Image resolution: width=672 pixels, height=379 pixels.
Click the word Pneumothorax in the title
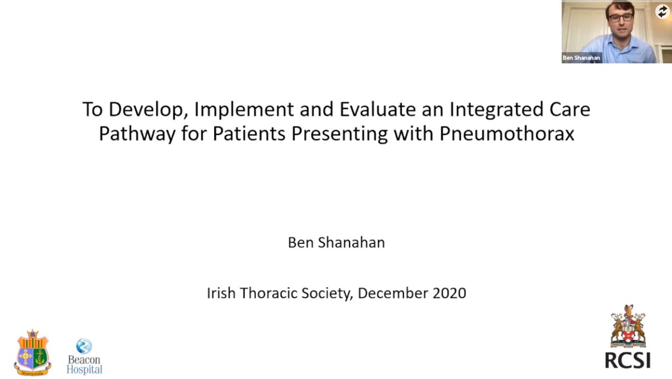click(x=507, y=133)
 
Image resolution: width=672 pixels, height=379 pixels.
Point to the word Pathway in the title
click(x=137, y=133)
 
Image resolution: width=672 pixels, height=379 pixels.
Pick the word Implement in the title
click(x=244, y=109)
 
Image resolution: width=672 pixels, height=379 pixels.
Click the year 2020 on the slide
click(x=450, y=293)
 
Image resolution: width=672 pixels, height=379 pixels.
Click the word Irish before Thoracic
click(x=221, y=293)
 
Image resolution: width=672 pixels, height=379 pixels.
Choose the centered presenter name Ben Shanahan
click(x=337, y=242)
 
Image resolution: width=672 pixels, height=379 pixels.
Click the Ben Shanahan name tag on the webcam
click(x=581, y=58)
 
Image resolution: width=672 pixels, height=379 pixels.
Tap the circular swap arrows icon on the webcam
click(x=662, y=12)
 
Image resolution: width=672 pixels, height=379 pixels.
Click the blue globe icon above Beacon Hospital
click(x=83, y=346)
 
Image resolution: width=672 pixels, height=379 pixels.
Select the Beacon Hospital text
click(x=85, y=364)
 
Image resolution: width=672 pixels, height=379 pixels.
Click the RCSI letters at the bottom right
click(x=628, y=360)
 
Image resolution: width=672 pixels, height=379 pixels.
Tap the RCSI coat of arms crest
click(x=628, y=326)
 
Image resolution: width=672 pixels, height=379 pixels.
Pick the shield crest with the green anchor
click(x=32, y=353)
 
